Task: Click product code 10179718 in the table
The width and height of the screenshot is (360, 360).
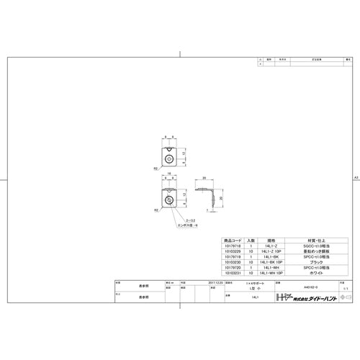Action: click(235, 246)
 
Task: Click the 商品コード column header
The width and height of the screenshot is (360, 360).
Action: click(235, 240)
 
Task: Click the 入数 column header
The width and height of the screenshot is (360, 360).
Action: click(250, 240)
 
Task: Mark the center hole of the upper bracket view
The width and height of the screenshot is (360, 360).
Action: click(168, 154)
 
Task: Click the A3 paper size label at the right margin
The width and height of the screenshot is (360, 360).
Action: click(355, 177)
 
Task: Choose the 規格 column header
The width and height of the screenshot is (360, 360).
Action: click(271, 240)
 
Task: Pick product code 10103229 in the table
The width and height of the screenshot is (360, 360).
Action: click(235, 251)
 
